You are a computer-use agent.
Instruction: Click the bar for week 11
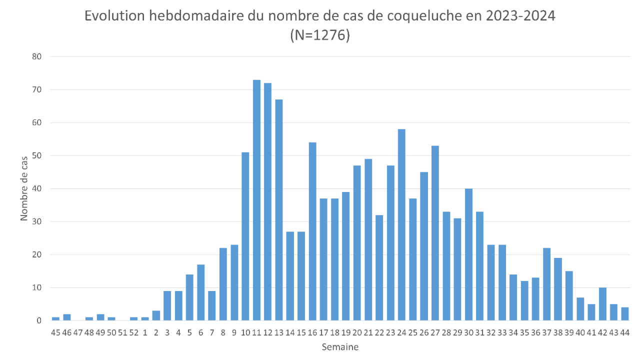coord(256,200)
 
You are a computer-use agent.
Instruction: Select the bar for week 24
coord(401,225)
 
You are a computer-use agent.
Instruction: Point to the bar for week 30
coord(468,254)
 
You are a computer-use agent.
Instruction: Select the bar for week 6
coord(200,292)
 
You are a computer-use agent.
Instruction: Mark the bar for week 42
coord(602,304)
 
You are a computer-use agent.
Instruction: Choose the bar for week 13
coord(279,210)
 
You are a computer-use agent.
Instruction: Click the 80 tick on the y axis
coord(37,56)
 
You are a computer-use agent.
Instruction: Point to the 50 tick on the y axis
coord(37,155)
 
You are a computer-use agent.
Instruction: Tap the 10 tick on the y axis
coord(37,287)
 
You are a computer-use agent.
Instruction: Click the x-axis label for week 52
coord(133,332)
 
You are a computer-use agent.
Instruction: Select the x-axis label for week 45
coord(55,332)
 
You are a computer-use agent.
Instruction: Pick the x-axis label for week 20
coord(357,332)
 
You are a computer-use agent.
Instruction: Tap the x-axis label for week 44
coord(624,332)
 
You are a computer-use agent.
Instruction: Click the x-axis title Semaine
coord(340,346)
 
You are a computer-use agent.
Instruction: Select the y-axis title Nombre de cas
coord(24,188)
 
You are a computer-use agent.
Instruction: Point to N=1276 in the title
coord(320,36)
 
